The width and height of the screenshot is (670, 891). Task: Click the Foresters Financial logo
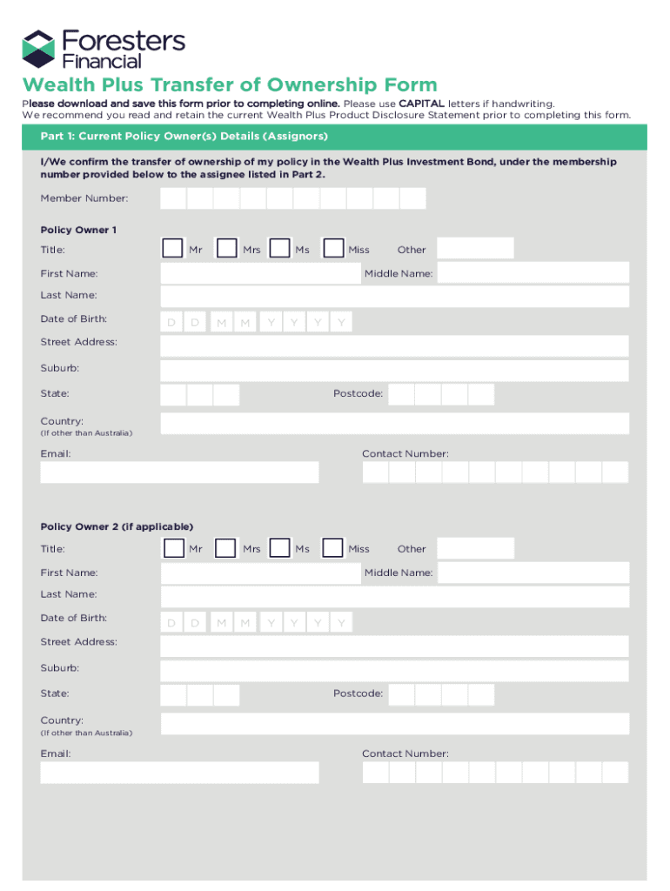pos(104,49)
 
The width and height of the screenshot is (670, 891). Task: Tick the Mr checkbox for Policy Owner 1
pos(172,249)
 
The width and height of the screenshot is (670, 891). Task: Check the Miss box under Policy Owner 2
pos(332,548)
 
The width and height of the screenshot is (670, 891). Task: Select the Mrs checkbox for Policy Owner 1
pos(226,249)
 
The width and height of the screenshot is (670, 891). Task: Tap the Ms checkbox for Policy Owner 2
pos(279,548)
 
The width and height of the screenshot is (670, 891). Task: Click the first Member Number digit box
pos(173,198)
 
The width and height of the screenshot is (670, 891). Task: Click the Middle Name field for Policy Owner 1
pos(533,273)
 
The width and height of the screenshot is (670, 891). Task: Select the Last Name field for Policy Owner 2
pos(394,596)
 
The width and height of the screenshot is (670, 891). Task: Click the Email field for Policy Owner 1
pos(179,472)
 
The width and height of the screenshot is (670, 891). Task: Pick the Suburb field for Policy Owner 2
pos(394,670)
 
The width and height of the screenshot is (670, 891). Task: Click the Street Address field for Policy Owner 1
pos(394,345)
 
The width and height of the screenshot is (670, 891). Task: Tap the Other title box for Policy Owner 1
pos(475,249)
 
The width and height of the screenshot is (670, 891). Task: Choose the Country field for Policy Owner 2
pos(394,723)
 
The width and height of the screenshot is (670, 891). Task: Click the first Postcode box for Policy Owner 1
pos(401,395)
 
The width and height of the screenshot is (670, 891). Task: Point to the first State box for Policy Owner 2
pos(173,694)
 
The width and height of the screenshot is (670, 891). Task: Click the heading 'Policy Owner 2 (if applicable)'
pos(117,526)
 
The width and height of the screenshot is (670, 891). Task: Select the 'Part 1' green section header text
pos(184,137)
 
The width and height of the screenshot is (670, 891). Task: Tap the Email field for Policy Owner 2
pos(179,772)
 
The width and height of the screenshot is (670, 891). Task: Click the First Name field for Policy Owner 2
pos(260,573)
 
